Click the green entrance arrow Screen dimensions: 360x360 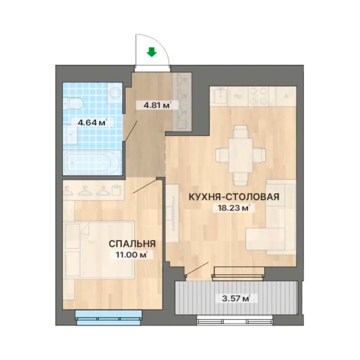coord(152,52)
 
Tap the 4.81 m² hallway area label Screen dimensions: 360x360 coord(157,105)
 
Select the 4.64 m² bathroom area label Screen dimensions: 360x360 coord(92,123)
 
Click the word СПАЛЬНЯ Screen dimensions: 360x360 coord(132,244)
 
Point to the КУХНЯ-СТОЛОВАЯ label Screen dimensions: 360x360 coord(234,197)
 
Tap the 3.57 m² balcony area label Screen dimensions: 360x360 coord(235,299)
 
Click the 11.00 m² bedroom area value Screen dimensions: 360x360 coord(132,255)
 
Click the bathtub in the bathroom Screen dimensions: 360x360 coord(91,162)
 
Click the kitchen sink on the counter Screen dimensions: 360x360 coord(220,96)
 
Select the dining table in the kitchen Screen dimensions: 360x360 coord(240,155)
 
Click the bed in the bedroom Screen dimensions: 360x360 coord(99,250)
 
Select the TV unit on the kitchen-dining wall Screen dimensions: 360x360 coord(172,213)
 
